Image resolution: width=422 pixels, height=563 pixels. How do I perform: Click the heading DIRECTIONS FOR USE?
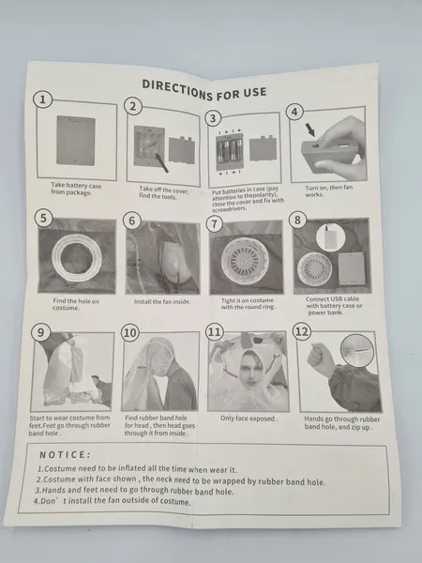[204, 90]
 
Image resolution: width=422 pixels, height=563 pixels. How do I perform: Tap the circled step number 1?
[43, 99]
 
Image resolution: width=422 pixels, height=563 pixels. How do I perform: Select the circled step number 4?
[294, 112]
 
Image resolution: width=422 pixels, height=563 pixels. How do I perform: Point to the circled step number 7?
[214, 224]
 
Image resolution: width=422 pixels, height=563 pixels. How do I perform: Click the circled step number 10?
[130, 333]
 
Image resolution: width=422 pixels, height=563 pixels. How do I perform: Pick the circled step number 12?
[302, 332]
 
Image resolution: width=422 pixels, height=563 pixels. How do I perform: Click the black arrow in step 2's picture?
[161, 162]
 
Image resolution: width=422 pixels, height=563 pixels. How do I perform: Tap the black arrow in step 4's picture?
[310, 129]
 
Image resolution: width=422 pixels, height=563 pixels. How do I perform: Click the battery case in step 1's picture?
[76, 141]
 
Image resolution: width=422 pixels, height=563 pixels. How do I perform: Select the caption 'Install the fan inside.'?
[162, 301]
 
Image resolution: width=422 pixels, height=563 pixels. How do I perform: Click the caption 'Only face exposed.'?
[249, 418]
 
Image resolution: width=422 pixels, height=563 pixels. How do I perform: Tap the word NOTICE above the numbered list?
[65, 455]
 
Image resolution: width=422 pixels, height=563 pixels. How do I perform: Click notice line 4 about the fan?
[113, 501]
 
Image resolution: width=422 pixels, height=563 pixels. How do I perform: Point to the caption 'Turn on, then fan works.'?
[329, 191]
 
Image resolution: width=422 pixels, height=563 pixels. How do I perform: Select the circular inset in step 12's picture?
[357, 351]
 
